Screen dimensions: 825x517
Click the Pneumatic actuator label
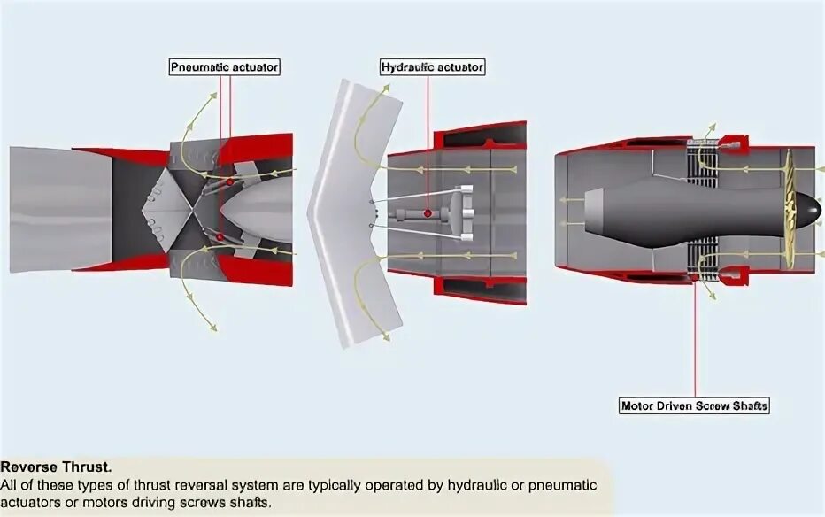(x=225, y=66)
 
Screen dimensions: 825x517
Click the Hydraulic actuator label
(x=433, y=66)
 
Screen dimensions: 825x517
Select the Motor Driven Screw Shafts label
(x=695, y=406)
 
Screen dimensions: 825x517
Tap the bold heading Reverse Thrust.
(x=57, y=467)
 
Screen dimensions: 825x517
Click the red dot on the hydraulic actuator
(x=427, y=213)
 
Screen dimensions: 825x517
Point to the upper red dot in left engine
(x=230, y=181)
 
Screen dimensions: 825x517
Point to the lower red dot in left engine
(x=220, y=235)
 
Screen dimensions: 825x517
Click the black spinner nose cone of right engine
(x=806, y=209)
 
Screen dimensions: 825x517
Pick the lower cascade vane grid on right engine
(x=702, y=260)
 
